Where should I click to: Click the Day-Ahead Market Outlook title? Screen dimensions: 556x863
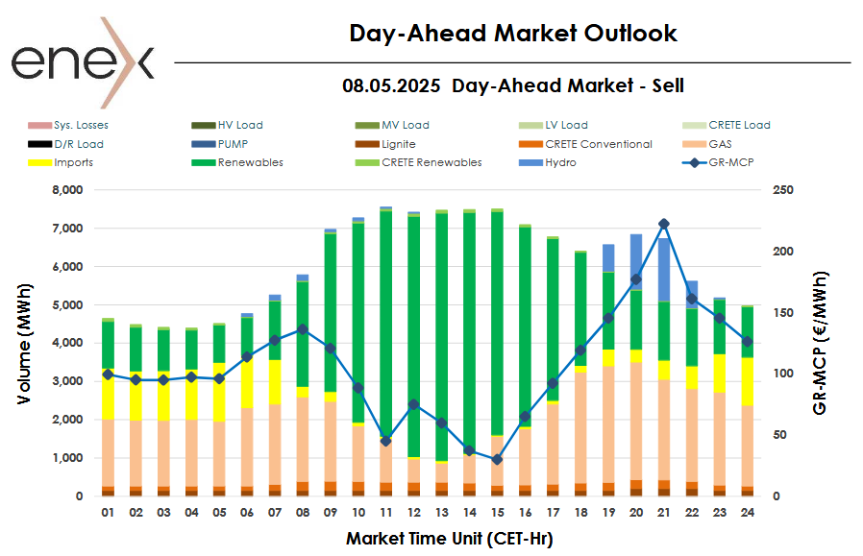512,34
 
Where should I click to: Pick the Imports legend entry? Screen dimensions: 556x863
73,162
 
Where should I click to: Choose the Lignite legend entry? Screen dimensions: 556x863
398,144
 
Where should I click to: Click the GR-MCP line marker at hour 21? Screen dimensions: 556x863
664,224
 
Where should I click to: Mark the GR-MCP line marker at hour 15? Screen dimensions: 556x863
497,460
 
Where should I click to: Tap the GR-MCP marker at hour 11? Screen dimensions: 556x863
385,441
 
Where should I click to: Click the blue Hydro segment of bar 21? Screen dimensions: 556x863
664,270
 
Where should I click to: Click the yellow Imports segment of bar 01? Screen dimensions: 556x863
108,394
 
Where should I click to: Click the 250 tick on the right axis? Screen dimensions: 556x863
785,190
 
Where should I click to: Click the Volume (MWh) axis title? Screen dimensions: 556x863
24,343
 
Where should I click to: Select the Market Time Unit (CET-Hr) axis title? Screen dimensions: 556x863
449,539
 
